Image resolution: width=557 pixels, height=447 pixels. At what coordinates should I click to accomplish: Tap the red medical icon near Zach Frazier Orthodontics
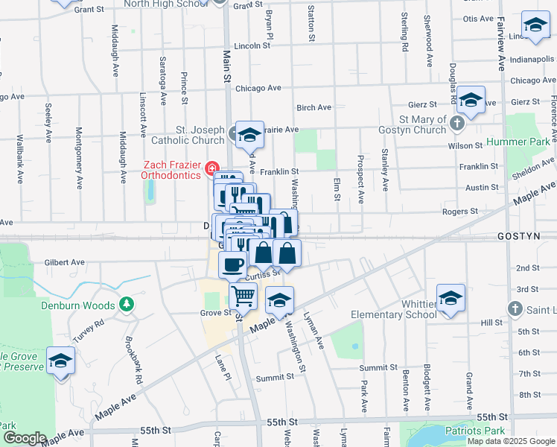[211, 168]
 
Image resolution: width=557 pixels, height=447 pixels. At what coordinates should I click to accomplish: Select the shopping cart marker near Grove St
[243, 297]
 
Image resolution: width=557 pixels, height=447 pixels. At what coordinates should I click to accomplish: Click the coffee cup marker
[232, 264]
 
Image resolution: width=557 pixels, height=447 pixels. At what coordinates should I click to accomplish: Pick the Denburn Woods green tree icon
[127, 305]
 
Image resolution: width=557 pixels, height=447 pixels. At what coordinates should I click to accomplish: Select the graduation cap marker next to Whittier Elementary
[451, 299]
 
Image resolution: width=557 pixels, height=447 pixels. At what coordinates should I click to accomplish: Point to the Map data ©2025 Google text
[511, 441]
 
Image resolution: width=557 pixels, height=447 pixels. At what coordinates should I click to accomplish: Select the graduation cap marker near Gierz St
[471, 99]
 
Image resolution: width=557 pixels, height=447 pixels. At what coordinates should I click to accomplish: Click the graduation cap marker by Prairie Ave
[250, 135]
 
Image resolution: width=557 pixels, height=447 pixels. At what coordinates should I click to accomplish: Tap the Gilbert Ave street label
[64, 262]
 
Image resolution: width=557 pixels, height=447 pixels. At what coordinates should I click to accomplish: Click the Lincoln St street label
[251, 45]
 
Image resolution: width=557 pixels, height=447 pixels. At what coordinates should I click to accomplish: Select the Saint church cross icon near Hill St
[515, 308]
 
